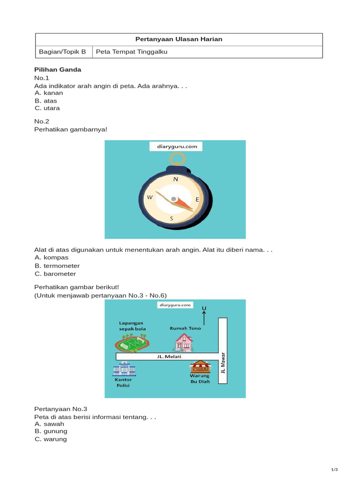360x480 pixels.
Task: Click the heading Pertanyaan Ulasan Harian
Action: tap(179, 39)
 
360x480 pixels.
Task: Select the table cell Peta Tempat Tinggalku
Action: tap(131, 52)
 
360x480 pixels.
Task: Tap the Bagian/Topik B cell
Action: tap(63, 52)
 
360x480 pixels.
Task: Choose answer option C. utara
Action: tap(47, 108)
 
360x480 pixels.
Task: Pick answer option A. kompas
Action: tap(52, 257)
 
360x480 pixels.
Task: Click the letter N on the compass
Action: tap(176, 179)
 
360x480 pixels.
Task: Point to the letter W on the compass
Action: tap(150, 197)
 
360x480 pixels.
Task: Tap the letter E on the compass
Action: tap(197, 199)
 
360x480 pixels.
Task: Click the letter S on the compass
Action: tap(172, 218)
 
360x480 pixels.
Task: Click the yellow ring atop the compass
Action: tap(178, 159)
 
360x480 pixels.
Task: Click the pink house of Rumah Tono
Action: tap(183, 343)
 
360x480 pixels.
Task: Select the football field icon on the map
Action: tap(132, 345)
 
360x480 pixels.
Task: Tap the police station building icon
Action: tap(123, 370)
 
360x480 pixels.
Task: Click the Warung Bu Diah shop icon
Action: tap(200, 367)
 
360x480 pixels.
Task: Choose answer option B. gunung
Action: tap(51, 431)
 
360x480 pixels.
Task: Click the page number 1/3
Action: tap(334, 470)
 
